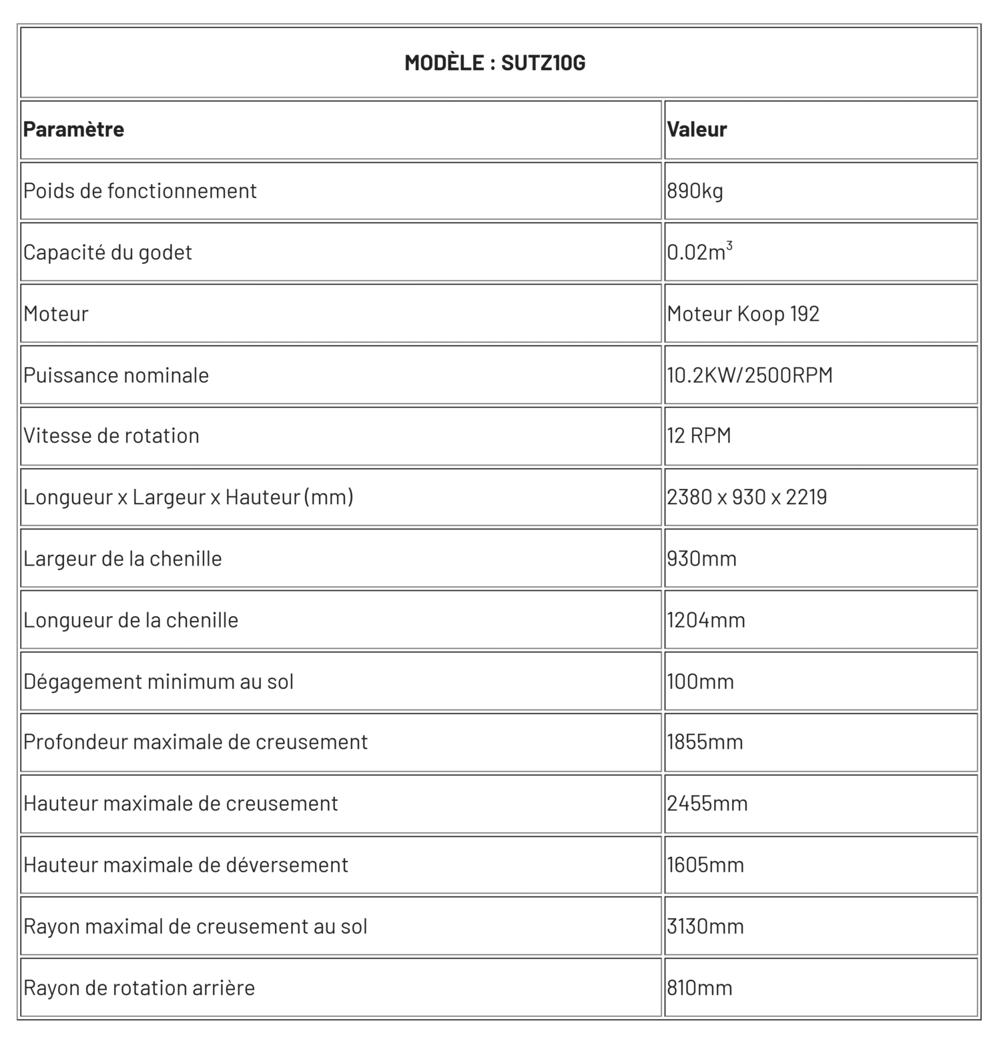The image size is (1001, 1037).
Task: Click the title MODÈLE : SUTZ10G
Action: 494,63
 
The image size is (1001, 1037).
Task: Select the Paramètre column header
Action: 73,129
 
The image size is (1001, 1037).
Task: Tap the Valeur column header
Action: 697,129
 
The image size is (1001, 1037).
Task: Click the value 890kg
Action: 695,191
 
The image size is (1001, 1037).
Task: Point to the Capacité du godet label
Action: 107,253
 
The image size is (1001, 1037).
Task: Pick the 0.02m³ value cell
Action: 699,253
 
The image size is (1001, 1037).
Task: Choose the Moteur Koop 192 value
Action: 743,314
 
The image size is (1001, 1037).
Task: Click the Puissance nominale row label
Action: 116,375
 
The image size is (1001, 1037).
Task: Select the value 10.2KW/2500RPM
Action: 749,375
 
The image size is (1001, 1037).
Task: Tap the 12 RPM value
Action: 699,436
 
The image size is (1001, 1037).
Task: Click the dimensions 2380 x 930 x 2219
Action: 747,497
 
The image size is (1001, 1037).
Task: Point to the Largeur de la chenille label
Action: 122,559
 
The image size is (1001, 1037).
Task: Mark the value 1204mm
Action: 705,620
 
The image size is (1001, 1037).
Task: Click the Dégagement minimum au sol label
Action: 158,682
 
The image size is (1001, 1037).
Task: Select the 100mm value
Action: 700,682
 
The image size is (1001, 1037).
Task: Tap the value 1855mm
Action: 705,742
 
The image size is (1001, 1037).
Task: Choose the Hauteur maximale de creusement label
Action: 180,804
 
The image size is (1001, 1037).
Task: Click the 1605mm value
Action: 705,865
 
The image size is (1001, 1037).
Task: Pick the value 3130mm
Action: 705,926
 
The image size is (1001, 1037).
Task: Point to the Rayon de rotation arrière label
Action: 139,988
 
